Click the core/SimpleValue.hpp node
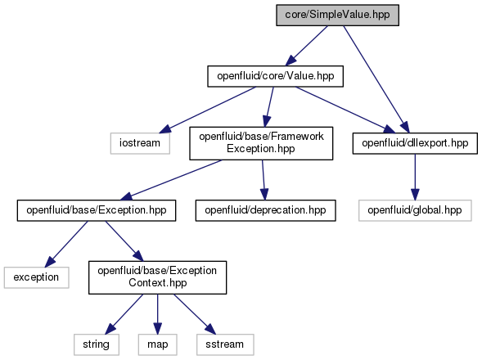coord(337,15)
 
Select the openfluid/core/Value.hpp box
coord(276,76)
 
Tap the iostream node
coord(140,143)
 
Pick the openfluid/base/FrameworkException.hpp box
coord(261,143)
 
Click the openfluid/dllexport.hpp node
coord(415,143)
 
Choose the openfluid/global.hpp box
coord(415,210)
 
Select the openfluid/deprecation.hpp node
coord(266,210)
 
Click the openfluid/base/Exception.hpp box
coord(97,210)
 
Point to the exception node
coord(37,277)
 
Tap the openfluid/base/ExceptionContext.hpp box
coord(158,277)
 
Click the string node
coord(97,344)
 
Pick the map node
coord(158,344)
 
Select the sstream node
coord(225,344)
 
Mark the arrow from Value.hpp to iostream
coord(208,110)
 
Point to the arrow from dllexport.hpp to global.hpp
coord(415,177)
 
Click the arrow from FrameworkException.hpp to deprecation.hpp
coord(264,180)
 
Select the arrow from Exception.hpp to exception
coord(66,244)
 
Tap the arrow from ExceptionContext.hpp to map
coord(158,314)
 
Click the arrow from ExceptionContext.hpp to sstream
coord(195,314)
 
